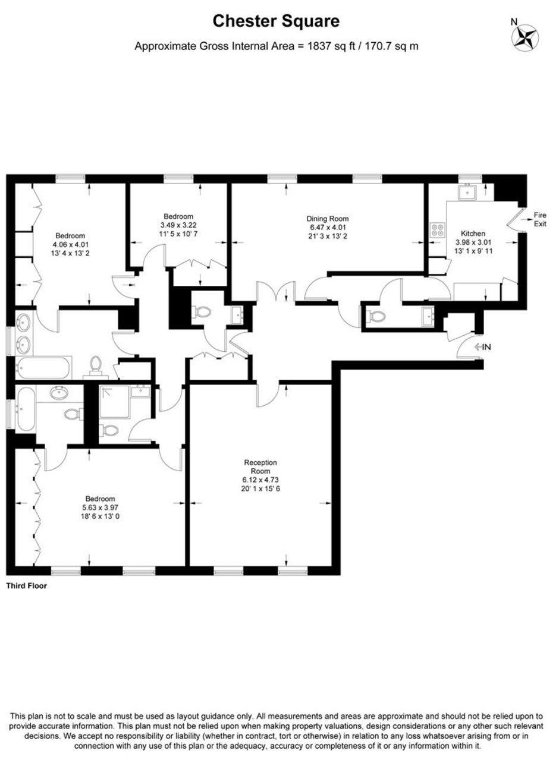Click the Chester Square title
276,21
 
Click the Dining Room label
327,219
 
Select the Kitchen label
473,234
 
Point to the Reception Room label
260,466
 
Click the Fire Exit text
540,219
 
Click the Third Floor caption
27,586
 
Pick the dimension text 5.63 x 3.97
100,507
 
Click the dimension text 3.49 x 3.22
178,225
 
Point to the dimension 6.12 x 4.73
260,480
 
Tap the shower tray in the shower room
114,402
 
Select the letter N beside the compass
514,22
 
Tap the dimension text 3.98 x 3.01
473,242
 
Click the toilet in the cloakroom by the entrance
375,316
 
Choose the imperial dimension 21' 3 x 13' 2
328,236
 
